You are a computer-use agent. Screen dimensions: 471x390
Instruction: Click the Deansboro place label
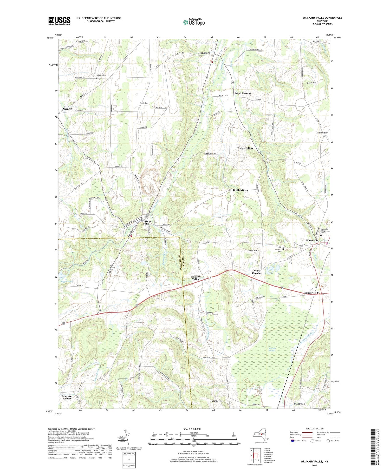tap(204, 53)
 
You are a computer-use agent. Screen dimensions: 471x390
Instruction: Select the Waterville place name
tap(312, 240)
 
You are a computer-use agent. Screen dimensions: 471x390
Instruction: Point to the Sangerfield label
tap(311, 293)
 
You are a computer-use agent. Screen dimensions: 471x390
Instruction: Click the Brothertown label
tap(240, 190)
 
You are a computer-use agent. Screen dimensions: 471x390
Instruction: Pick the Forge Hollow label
tap(245, 148)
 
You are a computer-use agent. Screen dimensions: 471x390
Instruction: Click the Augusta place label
tap(67, 109)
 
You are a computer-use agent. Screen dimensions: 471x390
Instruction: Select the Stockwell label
tap(299, 404)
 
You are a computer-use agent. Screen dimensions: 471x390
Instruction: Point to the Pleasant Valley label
tap(196, 278)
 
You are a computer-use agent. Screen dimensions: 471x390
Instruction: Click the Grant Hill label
tap(311, 83)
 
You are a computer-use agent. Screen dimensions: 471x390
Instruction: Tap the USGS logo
tap(59, 21)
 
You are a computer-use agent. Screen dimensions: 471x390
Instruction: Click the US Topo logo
tap(194, 22)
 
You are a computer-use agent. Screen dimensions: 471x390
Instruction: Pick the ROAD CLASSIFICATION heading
tap(315, 429)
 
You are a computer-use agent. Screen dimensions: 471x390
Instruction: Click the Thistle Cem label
tap(144, 103)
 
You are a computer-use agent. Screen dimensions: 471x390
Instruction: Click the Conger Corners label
tap(257, 272)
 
